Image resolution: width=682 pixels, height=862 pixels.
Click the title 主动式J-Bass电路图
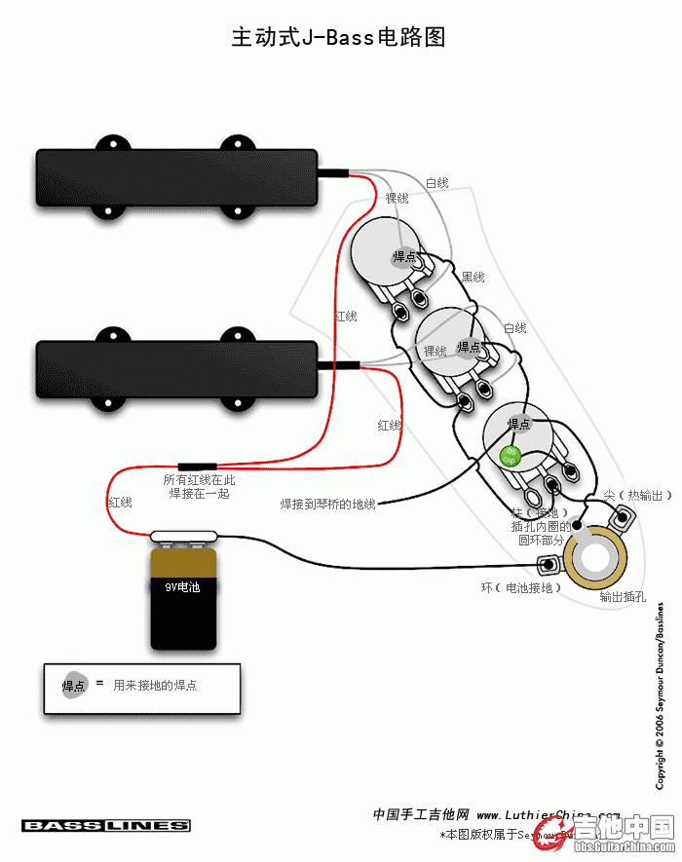[338, 38]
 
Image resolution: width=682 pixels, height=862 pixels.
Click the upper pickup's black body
[176, 178]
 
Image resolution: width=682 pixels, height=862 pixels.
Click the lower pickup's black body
[176, 369]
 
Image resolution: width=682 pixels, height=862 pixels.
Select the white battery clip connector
[184, 534]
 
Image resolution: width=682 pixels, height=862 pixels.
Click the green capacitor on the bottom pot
[509, 455]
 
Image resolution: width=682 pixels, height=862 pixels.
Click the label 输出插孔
[623, 596]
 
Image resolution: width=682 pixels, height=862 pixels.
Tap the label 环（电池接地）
[520, 587]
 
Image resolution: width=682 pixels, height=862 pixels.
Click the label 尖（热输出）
[638, 496]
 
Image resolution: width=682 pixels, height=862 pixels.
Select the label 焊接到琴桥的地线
[327, 504]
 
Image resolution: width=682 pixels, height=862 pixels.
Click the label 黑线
[473, 278]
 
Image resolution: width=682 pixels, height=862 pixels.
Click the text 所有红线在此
[199, 480]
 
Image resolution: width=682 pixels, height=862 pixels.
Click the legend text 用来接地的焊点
[155, 686]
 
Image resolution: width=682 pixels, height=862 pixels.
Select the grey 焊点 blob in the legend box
[74, 685]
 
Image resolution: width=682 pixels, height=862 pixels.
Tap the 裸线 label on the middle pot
[435, 352]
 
